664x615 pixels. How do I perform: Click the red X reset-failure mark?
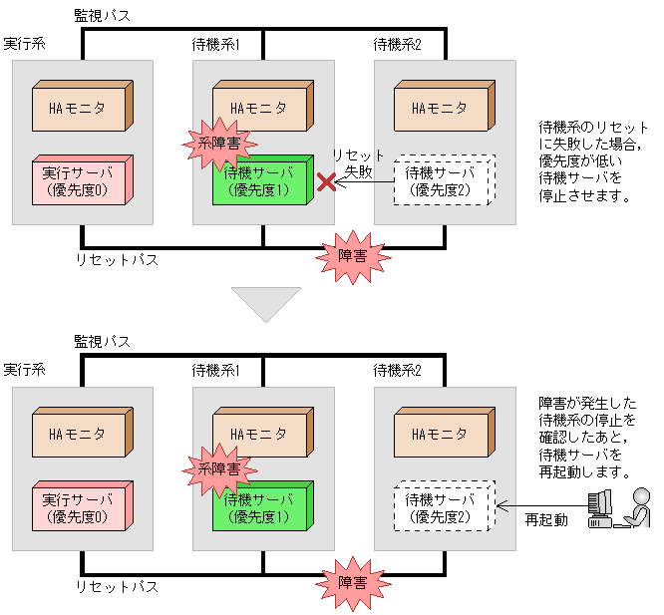point(325,181)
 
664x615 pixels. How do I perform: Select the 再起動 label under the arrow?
point(546,520)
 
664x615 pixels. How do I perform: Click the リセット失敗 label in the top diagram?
point(358,163)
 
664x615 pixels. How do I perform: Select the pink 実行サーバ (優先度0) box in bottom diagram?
point(80,507)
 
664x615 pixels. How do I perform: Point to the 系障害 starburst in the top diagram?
point(212,143)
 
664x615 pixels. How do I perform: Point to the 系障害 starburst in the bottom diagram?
point(212,467)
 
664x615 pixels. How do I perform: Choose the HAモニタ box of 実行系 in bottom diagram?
point(81,434)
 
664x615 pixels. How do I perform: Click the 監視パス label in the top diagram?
point(102,16)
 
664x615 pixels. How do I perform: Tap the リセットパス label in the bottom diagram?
point(117,586)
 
